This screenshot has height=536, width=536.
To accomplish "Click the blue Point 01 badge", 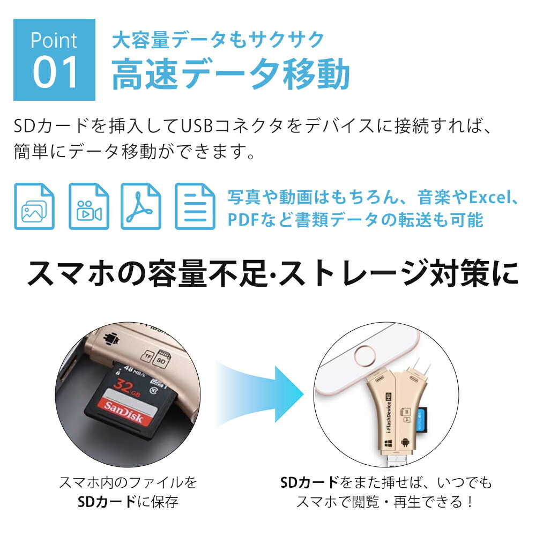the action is [54, 60].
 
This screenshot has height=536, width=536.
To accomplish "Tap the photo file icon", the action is [34, 206].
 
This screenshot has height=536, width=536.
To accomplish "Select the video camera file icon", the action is [89, 206].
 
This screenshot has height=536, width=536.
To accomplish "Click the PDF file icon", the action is [141, 206].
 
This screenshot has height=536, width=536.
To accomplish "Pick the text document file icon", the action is [195, 206].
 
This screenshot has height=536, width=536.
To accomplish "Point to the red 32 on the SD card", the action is [123, 385].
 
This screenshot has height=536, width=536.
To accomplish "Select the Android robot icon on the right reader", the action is [405, 443].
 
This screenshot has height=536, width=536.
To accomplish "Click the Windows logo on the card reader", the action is [388, 444].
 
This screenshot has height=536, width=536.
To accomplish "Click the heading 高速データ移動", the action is [230, 74].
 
